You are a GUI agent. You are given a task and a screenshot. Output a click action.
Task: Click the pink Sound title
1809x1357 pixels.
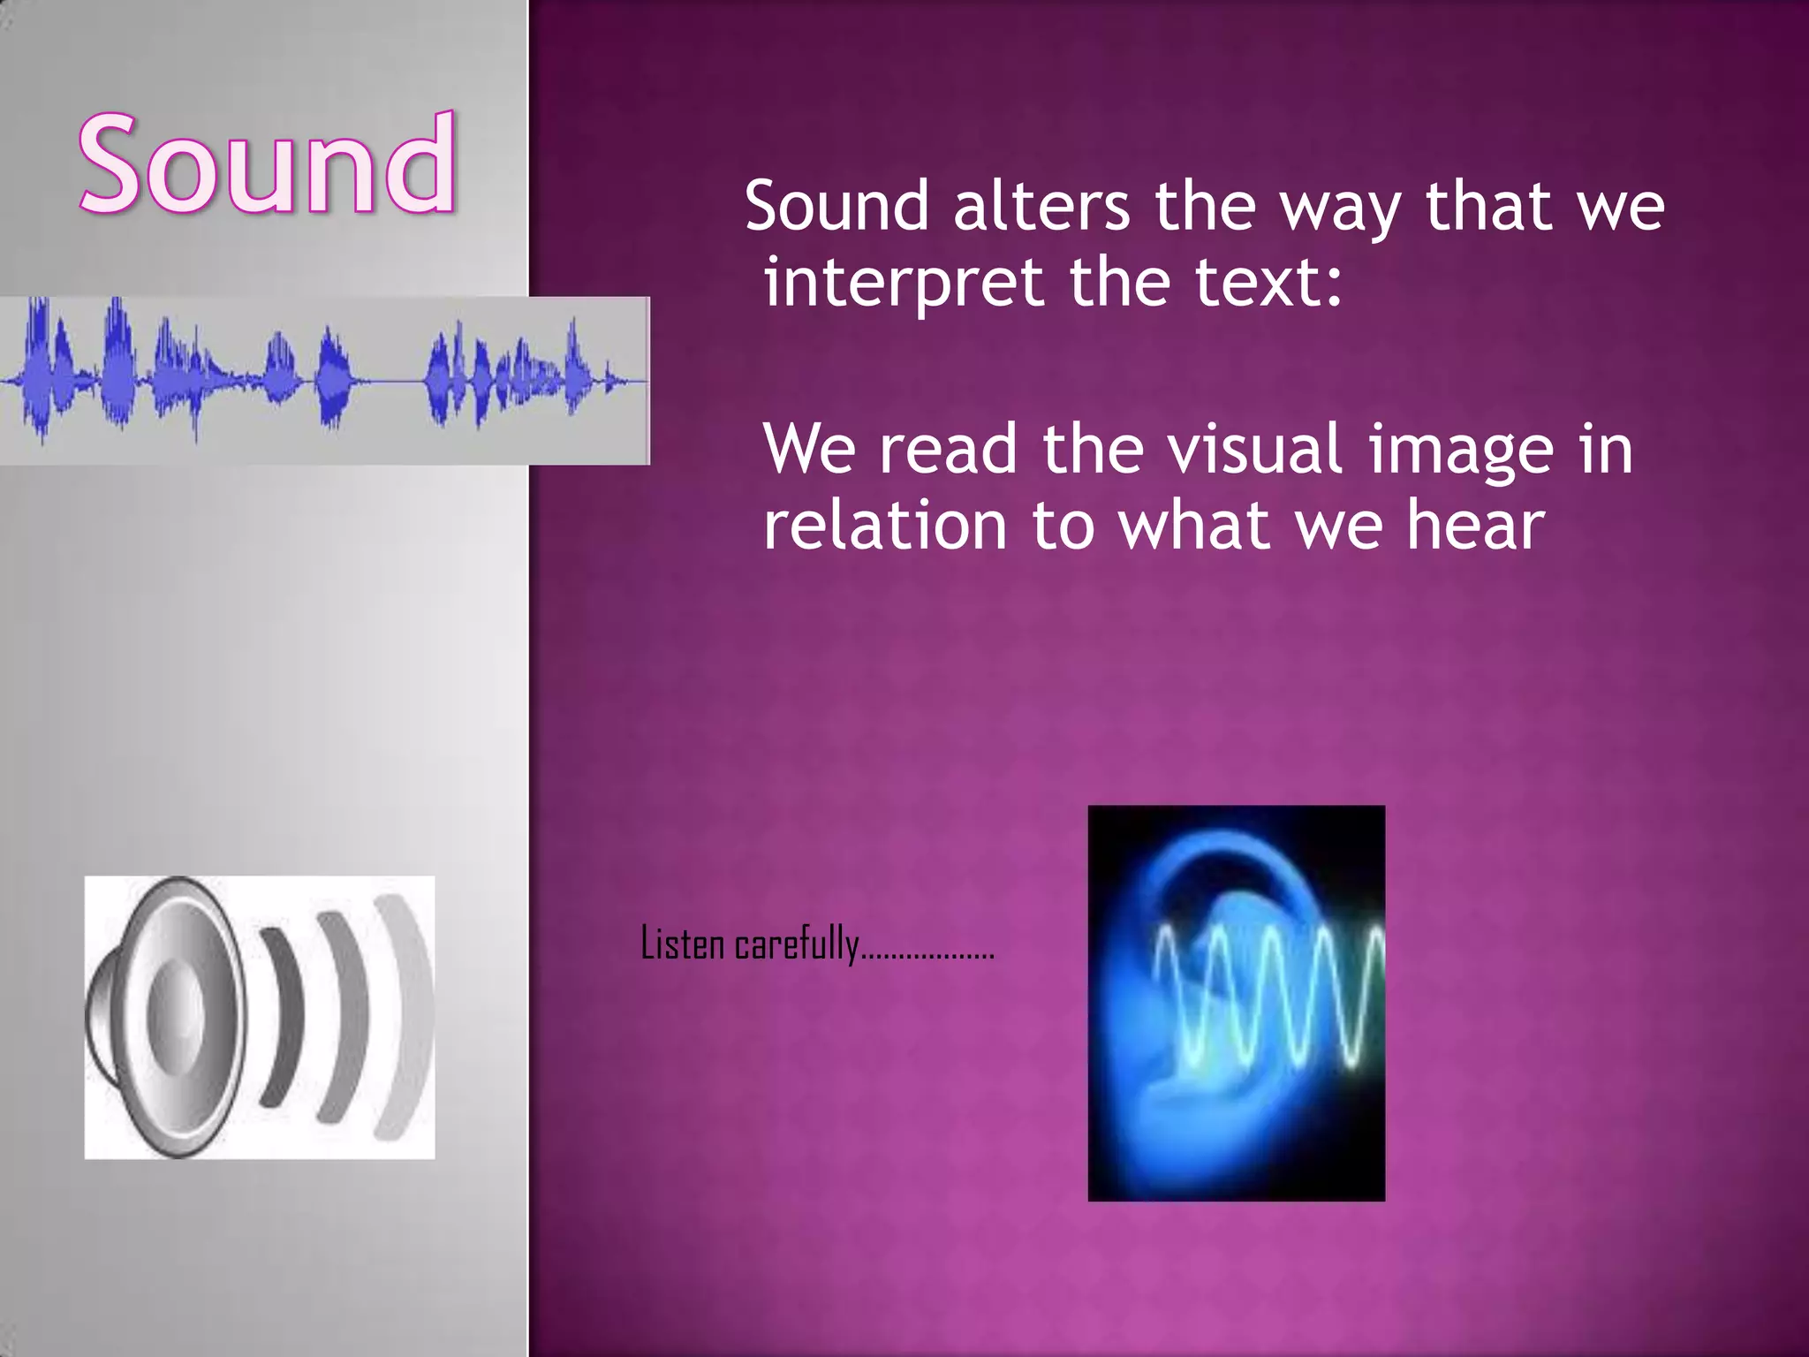[268, 165]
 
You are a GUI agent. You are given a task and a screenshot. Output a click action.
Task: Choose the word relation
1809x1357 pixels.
[884, 527]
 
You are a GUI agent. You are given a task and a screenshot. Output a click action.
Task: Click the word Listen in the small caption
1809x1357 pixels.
[682, 944]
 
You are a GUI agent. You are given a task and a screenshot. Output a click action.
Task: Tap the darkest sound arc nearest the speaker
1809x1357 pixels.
[284, 1016]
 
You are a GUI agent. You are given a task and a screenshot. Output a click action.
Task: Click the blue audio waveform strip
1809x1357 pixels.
[323, 380]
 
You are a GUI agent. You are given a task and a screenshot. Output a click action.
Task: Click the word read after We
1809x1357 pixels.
[948, 449]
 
